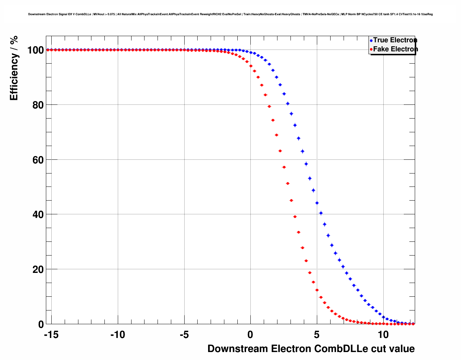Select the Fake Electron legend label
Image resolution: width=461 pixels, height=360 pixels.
point(396,49)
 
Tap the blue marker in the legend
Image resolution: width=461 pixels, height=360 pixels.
point(371,40)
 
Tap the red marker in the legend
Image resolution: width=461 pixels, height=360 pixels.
point(371,50)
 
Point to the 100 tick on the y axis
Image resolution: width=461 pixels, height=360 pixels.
point(35,50)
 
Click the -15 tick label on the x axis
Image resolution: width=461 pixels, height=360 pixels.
point(51,335)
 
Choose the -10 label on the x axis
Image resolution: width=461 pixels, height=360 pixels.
point(117,335)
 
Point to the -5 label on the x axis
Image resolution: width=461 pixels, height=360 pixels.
point(184,335)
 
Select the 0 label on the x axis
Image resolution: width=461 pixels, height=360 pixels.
point(250,335)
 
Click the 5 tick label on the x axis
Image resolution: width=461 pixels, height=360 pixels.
point(317,335)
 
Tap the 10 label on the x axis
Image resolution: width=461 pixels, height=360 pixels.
point(383,335)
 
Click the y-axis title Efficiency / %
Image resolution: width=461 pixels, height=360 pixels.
point(14,68)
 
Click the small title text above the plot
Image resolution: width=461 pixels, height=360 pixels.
point(231,14)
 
